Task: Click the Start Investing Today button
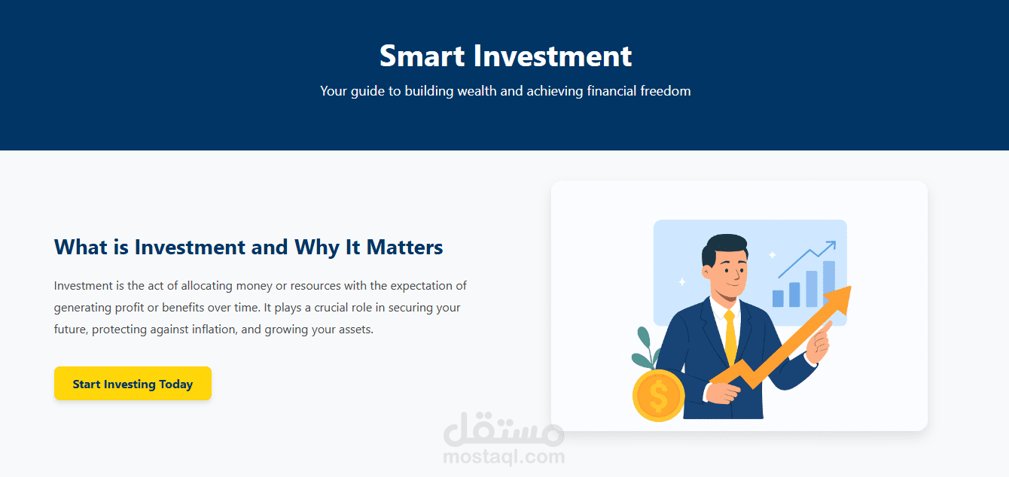coord(133,384)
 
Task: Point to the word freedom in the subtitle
coord(665,91)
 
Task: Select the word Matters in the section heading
coord(404,248)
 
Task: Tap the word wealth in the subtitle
coord(479,91)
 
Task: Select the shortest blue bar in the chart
coord(778,299)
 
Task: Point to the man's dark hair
coord(721,249)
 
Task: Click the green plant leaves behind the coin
coord(645,348)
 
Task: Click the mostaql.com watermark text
coord(504,456)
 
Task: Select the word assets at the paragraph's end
coord(353,330)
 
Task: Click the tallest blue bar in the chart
coord(828,284)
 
